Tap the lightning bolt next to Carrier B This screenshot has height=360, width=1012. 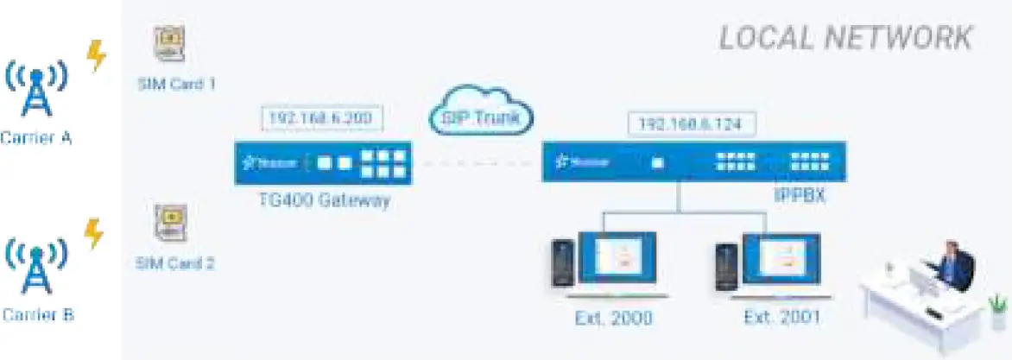coord(94,233)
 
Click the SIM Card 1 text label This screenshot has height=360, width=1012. coord(176,85)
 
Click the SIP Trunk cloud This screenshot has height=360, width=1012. coord(481,114)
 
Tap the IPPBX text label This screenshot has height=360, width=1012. coord(800,196)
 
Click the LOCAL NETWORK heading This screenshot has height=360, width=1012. coord(845,38)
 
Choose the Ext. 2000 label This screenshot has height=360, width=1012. coord(613,318)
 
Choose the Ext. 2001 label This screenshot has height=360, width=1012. coord(781,318)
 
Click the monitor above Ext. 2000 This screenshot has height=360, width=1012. coord(617,261)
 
